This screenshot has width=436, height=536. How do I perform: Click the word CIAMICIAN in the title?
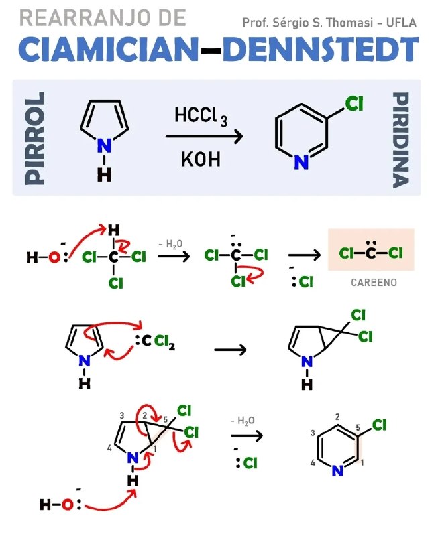pos(109,49)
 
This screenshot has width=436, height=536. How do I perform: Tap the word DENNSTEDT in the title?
pos(321,49)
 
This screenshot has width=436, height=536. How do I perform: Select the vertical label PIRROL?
pos(35,138)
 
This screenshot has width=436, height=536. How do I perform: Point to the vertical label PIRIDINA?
pos(400,139)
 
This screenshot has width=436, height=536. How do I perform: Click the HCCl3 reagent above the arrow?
pos(201,116)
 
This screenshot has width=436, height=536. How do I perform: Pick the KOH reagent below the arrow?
pos(201,159)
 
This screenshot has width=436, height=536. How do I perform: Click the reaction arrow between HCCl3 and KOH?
pos(205,137)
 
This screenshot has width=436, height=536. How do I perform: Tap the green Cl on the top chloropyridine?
pos(354,104)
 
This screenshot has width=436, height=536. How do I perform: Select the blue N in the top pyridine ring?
pos(301,161)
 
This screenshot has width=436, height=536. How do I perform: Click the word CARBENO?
pos(374,282)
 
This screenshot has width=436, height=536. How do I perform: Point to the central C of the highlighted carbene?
pos(370,253)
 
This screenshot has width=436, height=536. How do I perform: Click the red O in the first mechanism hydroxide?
pos(54,257)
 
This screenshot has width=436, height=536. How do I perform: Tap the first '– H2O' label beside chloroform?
pos(170,244)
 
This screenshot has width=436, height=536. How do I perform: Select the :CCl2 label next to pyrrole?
pos(155,340)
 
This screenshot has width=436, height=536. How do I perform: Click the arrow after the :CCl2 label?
pos(230,349)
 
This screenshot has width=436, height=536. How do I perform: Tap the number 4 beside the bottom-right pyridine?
pos(313,462)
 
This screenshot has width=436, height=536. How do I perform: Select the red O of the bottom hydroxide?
pos(68,505)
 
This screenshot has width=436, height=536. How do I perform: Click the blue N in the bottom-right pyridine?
pos(337,471)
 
